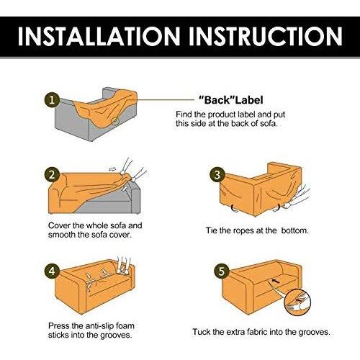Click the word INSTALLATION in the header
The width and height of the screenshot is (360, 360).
[x=99, y=36]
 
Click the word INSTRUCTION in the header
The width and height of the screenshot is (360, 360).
[x=265, y=36]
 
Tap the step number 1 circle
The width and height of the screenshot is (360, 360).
[x=52, y=100]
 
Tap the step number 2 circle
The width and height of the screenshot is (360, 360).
[x=52, y=174]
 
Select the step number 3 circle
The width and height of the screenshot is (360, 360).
[x=217, y=175]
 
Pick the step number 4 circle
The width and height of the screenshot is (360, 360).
[x=52, y=271]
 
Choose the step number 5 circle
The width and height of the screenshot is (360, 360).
[x=221, y=271]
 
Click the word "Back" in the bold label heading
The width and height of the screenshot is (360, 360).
[x=217, y=100]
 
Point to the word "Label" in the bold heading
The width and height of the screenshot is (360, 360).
[x=249, y=100]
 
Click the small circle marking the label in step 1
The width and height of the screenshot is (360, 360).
[x=115, y=120]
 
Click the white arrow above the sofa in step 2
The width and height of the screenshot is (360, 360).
[x=112, y=169]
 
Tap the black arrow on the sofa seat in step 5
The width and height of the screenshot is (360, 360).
[x=276, y=281]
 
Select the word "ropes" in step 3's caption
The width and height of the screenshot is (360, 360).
[x=243, y=231]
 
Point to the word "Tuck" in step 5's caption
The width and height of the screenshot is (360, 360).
[x=202, y=332]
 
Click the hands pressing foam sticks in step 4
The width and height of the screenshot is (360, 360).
[x=124, y=265]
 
